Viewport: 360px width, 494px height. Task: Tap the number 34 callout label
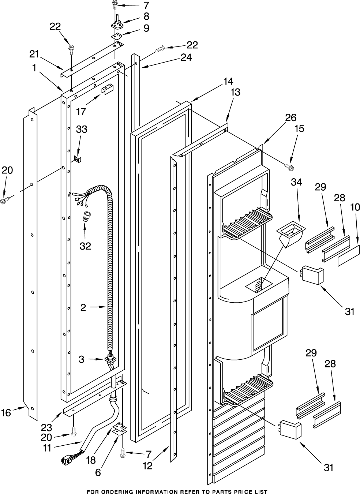[x=296, y=182]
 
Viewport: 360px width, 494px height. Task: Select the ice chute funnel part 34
[x=291, y=234]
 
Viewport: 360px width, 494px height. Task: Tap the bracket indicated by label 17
[x=107, y=89]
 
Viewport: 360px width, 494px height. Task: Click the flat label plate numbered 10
[x=349, y=255]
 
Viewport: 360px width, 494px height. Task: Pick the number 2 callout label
[x=83, y=308]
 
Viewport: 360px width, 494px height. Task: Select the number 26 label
[x=290, y=117]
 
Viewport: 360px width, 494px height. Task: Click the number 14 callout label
[x=228, y=81]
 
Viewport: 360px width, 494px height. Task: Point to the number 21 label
[x=34, y=54]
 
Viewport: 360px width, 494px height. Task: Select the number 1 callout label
[x=34, y=68]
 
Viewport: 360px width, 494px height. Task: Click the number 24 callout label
[x=187, y=57]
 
